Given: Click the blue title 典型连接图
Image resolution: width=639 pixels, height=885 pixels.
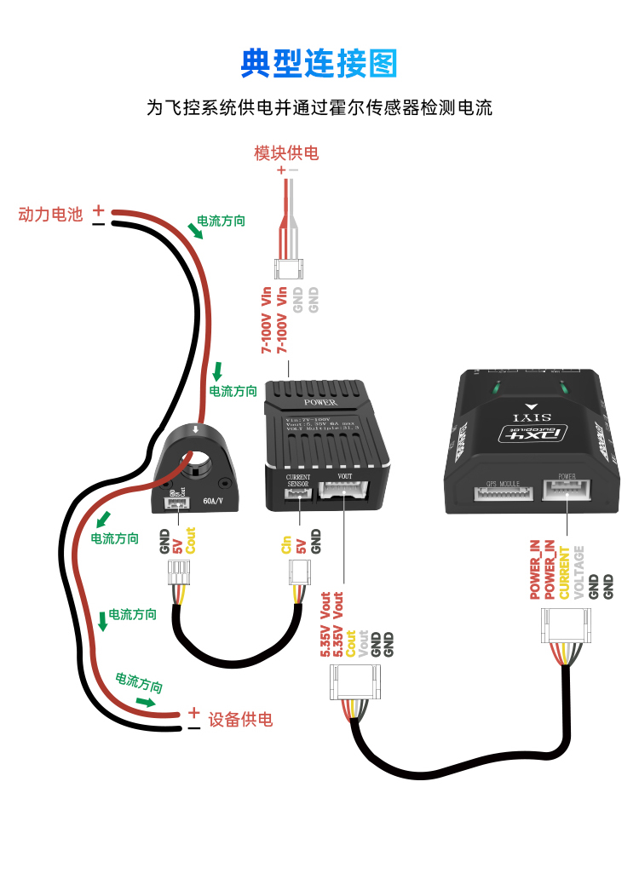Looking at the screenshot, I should point(319,62).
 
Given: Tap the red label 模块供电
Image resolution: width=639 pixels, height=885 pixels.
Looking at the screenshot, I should point(286,153).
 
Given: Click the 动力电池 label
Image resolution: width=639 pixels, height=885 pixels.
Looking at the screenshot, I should point(50,215).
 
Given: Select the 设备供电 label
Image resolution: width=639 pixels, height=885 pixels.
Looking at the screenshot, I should point(241,720).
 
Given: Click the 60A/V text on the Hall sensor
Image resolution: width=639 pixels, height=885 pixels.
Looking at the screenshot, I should point(214,502).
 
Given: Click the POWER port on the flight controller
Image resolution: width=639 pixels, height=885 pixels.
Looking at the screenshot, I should point(567,489).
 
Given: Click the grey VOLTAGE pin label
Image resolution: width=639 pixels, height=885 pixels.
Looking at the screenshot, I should point(579,572).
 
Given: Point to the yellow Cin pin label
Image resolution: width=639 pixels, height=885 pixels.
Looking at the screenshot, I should point(286,543).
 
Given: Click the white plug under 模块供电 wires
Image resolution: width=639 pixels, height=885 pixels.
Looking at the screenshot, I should point(288,269).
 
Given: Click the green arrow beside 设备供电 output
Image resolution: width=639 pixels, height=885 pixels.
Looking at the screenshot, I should point(146,702).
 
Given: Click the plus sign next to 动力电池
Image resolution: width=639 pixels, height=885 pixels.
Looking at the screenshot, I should point(99,209).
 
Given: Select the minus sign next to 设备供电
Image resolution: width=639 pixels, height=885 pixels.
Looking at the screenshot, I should point(194,728).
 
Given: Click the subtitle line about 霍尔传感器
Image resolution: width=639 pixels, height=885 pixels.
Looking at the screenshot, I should point(319,108).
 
